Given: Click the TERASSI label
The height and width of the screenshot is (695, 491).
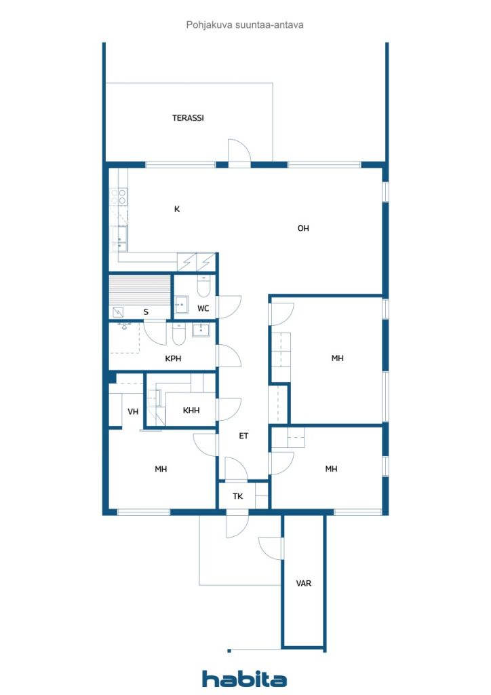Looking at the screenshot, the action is coord(188,118).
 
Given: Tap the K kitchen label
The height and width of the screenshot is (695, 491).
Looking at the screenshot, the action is coord(176,209).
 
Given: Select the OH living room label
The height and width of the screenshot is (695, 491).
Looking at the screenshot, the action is coord(303,228).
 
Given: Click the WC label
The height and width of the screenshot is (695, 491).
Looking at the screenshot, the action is coord(203,309).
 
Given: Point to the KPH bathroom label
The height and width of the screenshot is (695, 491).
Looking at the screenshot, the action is coord(173,358).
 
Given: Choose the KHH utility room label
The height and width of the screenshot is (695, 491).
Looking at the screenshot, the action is coord(191,411).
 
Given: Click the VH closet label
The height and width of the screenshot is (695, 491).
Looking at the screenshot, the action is coord(133,412).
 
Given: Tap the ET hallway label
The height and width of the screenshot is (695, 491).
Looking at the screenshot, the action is coord(243,436).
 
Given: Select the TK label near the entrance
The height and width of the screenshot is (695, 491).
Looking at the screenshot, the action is coord(238,496).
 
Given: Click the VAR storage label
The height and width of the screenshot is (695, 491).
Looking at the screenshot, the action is coord(304,583).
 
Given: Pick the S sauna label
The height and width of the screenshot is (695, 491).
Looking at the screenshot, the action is coord(146,312).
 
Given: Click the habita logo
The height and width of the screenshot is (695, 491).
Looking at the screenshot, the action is coord(244,679).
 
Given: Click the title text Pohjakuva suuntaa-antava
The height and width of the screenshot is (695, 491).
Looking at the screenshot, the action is coord(245,25).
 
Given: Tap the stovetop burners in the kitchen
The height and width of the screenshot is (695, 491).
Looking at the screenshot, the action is coord(119,197).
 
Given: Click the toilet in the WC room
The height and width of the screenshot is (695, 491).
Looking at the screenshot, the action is coord(203,286).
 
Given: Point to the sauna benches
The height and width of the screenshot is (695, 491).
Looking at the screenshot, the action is coord(140,290).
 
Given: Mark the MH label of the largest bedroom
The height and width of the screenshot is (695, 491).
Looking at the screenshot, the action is coord(337,358).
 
